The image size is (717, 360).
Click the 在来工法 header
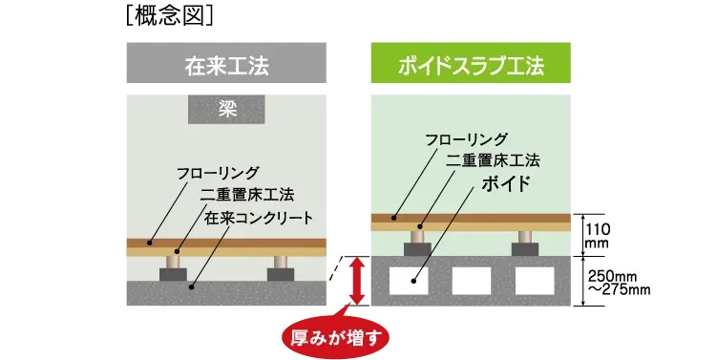tap(225, 66)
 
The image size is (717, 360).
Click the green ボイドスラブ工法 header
tap(470, 66)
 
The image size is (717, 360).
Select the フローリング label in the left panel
tap(218, 173)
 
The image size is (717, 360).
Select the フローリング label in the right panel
tap(466, 139)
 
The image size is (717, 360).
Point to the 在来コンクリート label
tap(259, 219)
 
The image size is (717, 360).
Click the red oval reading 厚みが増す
tap(335, 336)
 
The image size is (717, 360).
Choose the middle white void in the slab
tap(471, 280)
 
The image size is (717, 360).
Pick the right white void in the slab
tap(534, 280)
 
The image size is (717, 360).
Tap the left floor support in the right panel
tap(417, 241)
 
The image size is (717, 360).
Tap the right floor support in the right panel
tap(524, 241)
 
